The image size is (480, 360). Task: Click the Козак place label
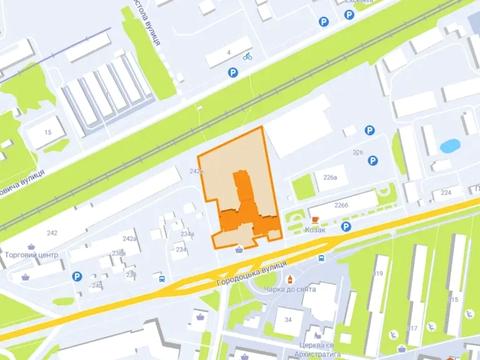click(x=313, y=227)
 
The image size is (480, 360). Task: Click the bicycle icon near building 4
click(x=246, y=56)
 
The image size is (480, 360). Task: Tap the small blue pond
click(x=447, y=146)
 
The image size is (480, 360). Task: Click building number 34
click(x=288, y=319)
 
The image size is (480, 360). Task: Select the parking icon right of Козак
click(x=346, y=227)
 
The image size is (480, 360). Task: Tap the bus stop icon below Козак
click(x=321, y=258)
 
